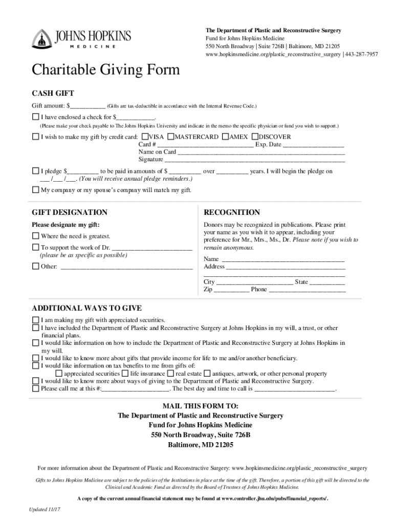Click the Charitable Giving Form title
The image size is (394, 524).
(106, 70)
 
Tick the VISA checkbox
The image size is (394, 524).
(145, 137)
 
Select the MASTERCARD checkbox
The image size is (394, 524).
(171, 137)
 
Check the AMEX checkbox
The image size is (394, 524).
(226, 137)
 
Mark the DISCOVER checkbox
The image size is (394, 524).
(255, 137)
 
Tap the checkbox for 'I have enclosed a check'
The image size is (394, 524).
(35, 117)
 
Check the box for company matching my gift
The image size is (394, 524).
(35, 190)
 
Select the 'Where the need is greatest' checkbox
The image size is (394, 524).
(35, 236)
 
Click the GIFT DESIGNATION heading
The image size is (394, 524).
(70, 212)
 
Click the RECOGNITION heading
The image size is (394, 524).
(232, 212)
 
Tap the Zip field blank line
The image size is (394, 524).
(231, 290)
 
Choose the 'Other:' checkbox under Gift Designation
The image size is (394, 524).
(35, 266)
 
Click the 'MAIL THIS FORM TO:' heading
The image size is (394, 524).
(197, 406)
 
